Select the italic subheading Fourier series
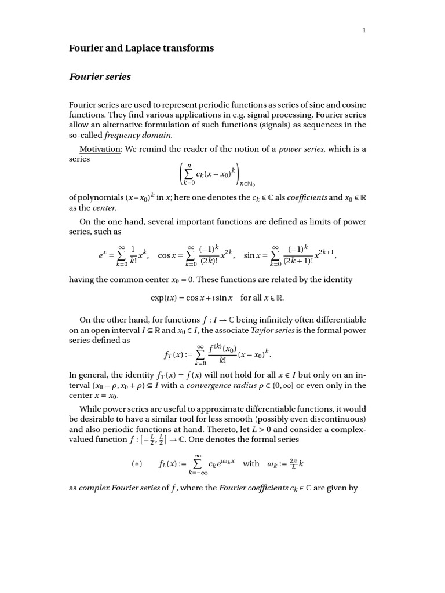[100, 76]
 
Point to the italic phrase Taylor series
[276, 330]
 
